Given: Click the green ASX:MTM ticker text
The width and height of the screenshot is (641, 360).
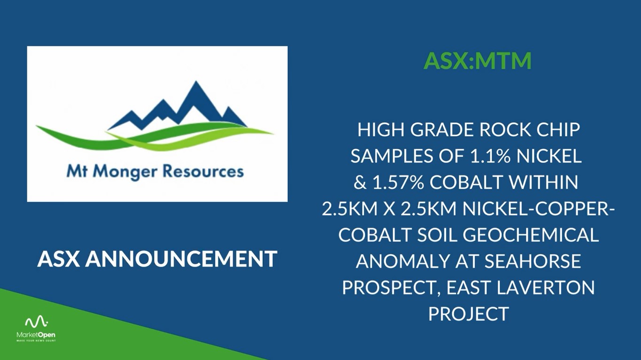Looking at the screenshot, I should point(477,61).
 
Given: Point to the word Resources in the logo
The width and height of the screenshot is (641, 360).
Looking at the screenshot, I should point(203,171).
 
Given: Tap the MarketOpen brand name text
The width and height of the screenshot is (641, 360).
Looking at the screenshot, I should point(36,335).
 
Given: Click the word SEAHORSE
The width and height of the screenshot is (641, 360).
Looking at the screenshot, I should point(533,261).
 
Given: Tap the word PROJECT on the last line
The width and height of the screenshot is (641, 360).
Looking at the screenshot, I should point(468,314).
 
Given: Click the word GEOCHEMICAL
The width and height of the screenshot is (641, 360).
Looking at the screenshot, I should point(531,235).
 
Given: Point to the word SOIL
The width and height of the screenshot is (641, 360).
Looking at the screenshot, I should point(434,235).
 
